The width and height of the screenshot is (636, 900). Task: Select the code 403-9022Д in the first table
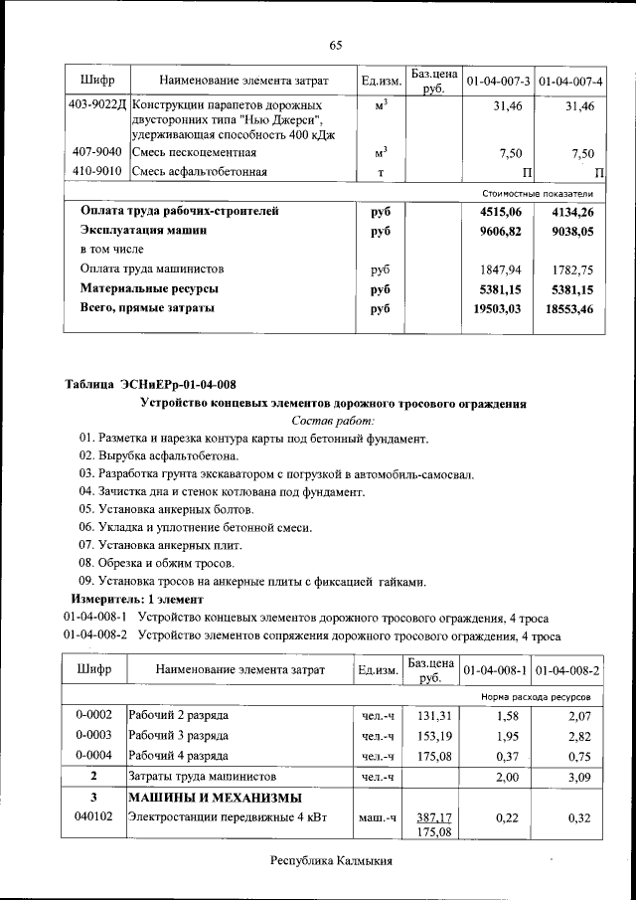point(96,105)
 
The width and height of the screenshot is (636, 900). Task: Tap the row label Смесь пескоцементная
point(195,152)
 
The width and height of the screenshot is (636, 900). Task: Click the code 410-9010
point(97,172)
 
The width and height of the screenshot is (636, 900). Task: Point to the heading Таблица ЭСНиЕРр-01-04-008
point(150,385)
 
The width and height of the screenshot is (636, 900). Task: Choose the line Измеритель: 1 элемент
point(136,600)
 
